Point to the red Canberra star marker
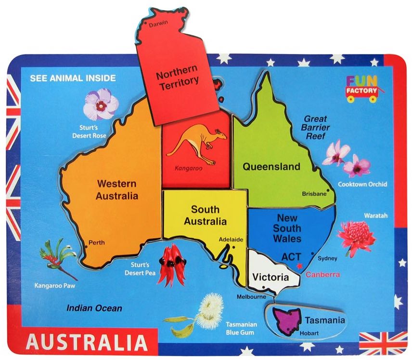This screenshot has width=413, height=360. tap(299, 266)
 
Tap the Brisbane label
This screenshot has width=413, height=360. tap(313, 194)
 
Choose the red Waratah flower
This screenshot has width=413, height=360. tap(356, 237)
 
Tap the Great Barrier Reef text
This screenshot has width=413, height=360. tap(315, 127)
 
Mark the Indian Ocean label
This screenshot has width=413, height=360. tap(94, 308)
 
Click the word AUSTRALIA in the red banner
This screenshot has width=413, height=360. tap(87, 343)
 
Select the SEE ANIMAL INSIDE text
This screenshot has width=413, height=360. tap(73, 78)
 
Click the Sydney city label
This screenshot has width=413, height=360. tap(328, 258)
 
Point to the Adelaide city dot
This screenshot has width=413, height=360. tap(233, 248)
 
